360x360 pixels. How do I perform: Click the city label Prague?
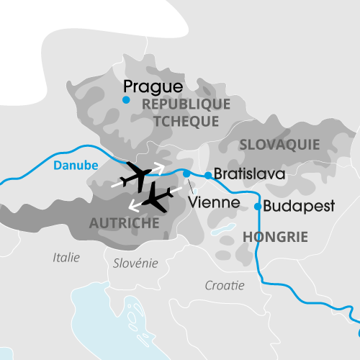click(x=153, y=87)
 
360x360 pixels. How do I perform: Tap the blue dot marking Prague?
click(x=126, y=100)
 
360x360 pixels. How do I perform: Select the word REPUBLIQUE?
click(x=186, y=104)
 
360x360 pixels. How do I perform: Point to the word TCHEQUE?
click(x=185, y=121)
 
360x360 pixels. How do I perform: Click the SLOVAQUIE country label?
click(x=279, y=145)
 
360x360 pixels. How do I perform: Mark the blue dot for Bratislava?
click(x=208, y=175)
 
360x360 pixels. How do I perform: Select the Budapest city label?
click(x=300, y=206)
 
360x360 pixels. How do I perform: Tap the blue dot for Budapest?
click(x=258, y=207)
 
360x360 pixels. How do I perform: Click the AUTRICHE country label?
click(x=124, y=224)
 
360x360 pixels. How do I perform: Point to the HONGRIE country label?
click(x=276, y=237)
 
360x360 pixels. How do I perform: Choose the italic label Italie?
click(x=67, y=257)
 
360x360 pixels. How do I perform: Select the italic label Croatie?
click(x=225, y=285)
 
